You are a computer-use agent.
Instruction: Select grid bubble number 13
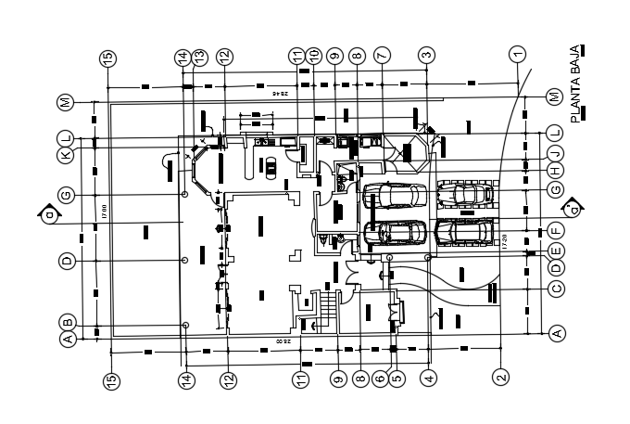(200, 57)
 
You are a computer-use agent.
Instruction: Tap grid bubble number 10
(314, 56)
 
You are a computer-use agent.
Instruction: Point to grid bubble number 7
(381, 55)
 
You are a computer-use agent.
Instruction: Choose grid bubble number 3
(426, 55)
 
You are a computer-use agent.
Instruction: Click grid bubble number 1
(517, 55)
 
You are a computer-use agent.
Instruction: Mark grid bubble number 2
(500, 378)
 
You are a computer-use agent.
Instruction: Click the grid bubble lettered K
(66, 155)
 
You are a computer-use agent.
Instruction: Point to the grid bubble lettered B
(67, 323)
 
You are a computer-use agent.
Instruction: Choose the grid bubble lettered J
(556, 152)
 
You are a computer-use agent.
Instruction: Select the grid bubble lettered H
(556, 171)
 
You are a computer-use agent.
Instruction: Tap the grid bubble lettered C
(556, 289)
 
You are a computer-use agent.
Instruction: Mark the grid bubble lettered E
(556, 251)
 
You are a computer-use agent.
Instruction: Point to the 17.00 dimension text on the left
(103, 208)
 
